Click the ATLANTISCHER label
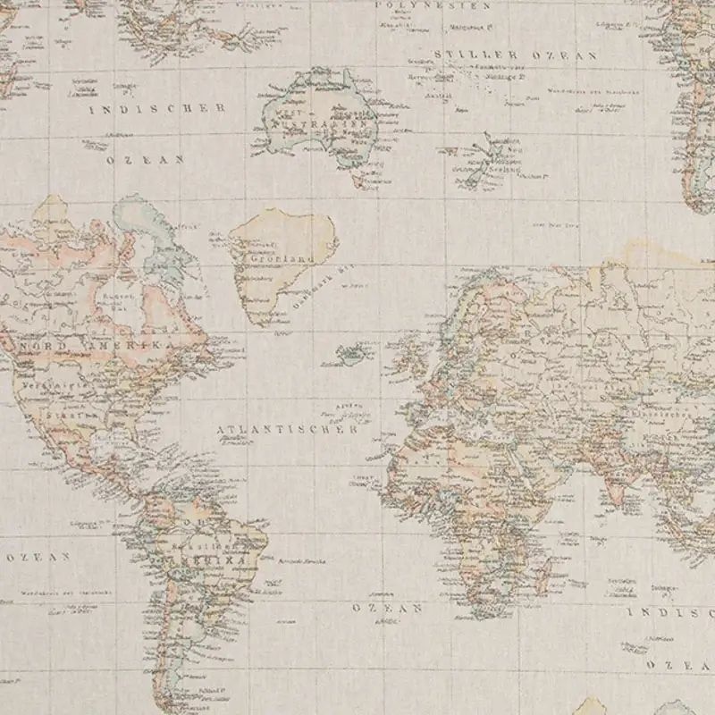pyautogui.click(x=287, y=429)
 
